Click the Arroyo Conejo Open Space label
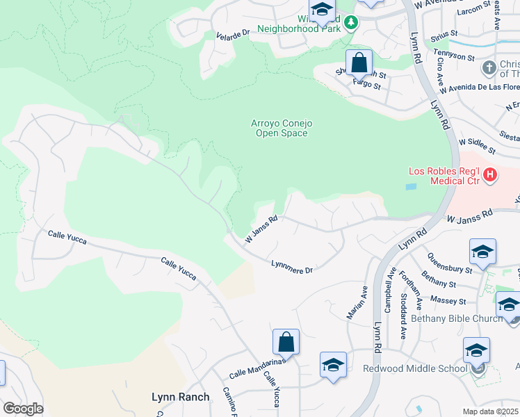(x=281, y=129)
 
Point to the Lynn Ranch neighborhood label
(x=180, y=397)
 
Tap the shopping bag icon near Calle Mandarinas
(x=286, y=343)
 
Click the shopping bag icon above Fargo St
(x=359, y=63)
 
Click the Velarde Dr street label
(x=232, y=34)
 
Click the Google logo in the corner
(x=23, y=409)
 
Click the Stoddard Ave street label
(x=403, y=316)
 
